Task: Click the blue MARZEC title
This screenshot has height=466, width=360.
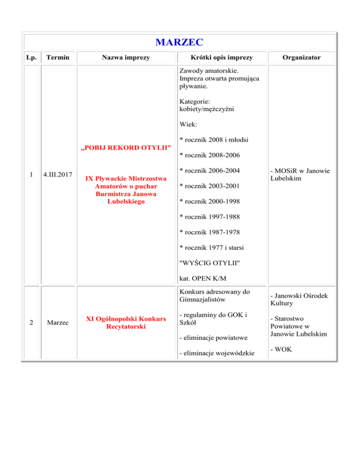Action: (180, 43)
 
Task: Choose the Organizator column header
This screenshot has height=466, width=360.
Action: (302, 58)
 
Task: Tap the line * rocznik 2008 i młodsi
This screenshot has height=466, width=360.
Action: (214, 140)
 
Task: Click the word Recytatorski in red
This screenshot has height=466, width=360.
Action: (127, 327)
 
